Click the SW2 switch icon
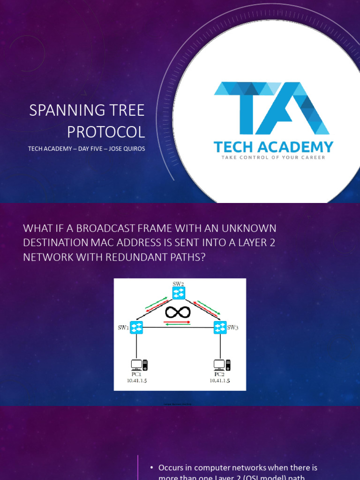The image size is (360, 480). (x=179, y=293)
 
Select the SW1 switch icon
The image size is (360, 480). (x=136, y=327)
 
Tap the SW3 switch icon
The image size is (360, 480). (x=220, y=327)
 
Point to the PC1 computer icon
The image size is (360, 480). (x=139, y=365)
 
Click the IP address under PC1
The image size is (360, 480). (x=137, y=381)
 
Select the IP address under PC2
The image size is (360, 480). (x=219, y=381)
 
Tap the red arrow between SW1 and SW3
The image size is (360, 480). (x=178, y=322)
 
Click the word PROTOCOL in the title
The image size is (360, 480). (x=106, y=132)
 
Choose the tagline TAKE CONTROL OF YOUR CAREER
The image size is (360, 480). (x=273, y=157)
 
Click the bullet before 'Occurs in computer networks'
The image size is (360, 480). (x=152, y=468)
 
